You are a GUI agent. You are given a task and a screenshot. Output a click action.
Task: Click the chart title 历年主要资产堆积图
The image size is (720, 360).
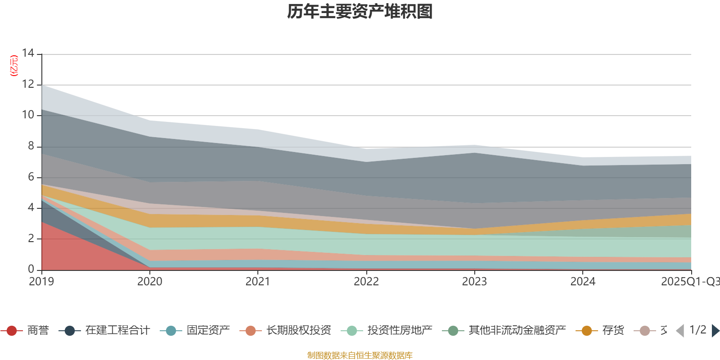tap(360, 12)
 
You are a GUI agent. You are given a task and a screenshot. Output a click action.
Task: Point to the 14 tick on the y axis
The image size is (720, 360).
tap(28, 53)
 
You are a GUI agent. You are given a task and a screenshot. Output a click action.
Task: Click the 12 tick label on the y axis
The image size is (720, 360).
tap(28, 84)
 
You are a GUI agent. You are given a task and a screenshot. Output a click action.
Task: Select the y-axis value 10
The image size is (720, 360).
tap(28, 115)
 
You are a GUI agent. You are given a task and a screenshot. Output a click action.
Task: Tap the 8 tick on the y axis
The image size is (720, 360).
tap(31, 146)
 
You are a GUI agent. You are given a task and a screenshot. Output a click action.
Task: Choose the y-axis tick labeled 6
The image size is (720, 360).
tap(31, 177)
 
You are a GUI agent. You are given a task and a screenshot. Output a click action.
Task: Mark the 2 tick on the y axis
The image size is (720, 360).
tap(31, 238)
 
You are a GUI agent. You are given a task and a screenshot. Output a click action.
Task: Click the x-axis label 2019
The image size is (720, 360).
tap(41, 282)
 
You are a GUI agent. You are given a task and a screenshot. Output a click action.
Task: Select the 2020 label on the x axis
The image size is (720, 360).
tap(150, 282)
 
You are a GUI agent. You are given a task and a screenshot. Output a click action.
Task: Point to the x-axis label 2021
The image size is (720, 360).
tap(258, 282)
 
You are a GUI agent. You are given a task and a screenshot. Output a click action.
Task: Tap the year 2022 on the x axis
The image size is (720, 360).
tap(366, 282)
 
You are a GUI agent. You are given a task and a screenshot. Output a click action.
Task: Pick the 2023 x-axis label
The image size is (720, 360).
tap(474, 282)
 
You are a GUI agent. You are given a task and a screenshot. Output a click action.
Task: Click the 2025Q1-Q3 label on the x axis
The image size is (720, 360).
tap(689, 282)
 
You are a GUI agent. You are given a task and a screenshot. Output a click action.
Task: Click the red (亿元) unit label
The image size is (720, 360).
tap(14, 66)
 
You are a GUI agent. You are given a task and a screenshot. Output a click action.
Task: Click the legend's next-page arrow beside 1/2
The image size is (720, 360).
tap(715, 331)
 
